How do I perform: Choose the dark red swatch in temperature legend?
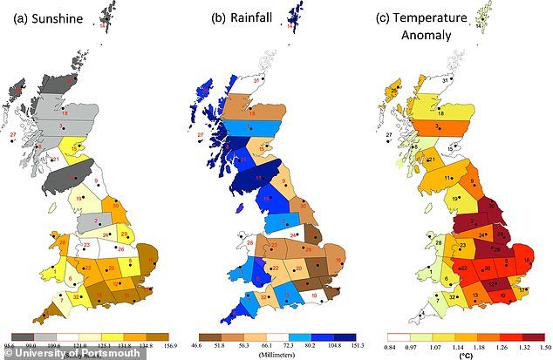(x=529, y=335)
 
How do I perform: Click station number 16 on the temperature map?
(x=525, y=261)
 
